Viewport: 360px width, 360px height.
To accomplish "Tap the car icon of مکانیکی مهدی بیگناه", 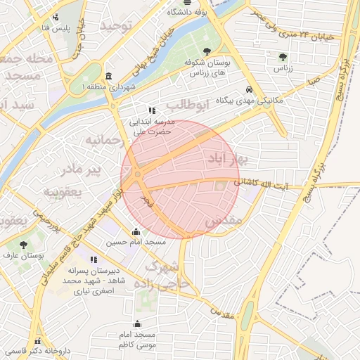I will click(249, 89).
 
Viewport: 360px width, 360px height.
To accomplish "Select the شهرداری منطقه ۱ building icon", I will click(108, 76).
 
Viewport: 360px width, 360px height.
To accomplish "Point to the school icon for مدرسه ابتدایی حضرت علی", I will click(152, 110).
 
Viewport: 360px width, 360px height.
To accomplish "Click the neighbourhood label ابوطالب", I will click(188, 105).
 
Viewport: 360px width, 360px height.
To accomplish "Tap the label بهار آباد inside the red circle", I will click(224, 158).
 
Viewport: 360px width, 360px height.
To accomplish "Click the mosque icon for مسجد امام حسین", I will click(136, 231).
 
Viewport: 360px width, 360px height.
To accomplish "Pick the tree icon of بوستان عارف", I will click(24, 245).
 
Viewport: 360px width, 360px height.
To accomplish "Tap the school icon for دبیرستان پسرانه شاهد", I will click(94, 259).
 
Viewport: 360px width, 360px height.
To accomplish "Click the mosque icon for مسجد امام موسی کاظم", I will click(137, 324).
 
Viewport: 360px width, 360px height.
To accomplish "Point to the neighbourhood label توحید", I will click(116, 26).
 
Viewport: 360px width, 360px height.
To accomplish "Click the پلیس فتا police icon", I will click(56, 17).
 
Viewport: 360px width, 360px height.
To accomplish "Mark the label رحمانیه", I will click(105, 141).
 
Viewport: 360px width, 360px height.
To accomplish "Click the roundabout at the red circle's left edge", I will click(139, 174).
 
